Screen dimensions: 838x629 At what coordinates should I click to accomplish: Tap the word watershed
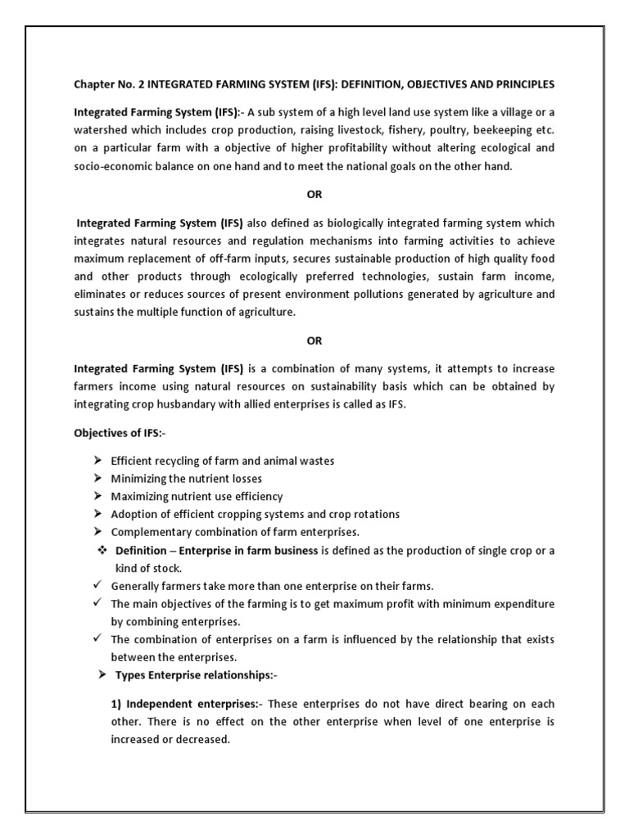103,130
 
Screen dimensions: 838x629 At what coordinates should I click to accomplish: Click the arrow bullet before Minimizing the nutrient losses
98,479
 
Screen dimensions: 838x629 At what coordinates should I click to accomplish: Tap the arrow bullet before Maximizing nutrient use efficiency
98,497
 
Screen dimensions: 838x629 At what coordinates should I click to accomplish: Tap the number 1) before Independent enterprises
116,704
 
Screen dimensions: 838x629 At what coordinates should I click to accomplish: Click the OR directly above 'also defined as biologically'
314,195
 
